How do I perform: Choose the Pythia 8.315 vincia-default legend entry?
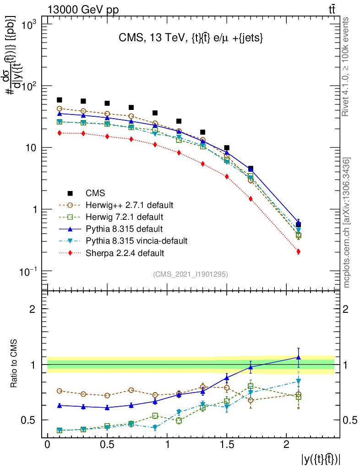(x=136, y=240)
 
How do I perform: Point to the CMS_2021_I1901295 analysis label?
(x=190, y=274)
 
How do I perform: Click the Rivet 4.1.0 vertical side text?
(x=346, y=73)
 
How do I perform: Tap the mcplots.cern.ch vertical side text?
(x=346, y=222)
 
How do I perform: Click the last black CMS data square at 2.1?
(x=298, y=224)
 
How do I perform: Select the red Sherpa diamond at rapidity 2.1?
(x=298, y=251)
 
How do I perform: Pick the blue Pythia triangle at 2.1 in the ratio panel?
(x=298, y=357)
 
